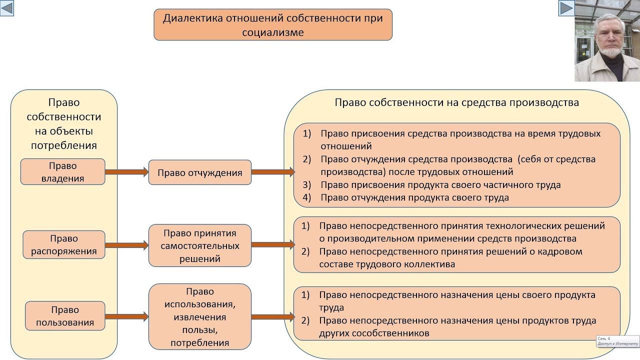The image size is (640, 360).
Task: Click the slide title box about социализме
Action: (x=273, y=24)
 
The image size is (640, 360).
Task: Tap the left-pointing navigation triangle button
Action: (x=7, y=8)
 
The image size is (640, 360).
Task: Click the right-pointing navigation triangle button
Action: (x=566, y=8)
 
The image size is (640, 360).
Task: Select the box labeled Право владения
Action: (x=63, y=171)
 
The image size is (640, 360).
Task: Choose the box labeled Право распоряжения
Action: (x=63, y=244)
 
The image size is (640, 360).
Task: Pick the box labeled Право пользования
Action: (x=65, y=316)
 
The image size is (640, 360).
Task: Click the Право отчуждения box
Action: (x=199, y=173)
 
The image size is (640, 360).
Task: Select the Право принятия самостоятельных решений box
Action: (x=199, y=245)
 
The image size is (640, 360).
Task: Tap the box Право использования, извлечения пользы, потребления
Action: (x=199, y=316)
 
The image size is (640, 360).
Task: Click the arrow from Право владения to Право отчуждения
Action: (x=127, y=172)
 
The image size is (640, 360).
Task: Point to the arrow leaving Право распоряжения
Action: (x=127, y=245)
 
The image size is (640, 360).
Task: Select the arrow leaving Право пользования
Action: (x=127, y=316)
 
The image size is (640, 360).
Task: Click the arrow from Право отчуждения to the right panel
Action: (x=272, y=172)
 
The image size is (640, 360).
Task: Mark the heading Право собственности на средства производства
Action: (x=456, y=102)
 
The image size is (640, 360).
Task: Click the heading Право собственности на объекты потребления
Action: (x=64, y=124)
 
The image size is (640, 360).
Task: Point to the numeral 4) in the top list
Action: (x=307, y=197)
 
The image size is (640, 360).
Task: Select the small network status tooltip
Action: (x=617, y=341)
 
